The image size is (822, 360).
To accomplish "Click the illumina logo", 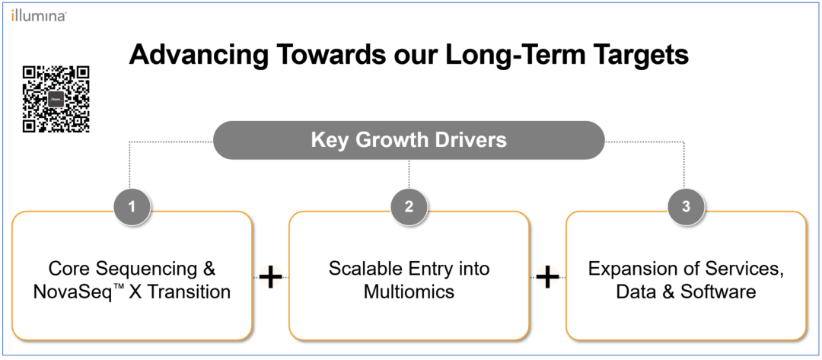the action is (38, 16).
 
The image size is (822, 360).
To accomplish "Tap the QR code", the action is (56, 99).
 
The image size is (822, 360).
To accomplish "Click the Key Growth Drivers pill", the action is (409, 141).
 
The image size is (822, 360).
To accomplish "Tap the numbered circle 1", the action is (132, 206).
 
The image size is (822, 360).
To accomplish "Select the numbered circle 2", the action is (409, 206).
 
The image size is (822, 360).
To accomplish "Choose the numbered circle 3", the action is (687, 206).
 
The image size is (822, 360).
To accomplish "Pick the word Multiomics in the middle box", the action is (409, 292).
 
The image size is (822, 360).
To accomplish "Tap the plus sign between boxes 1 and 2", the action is (270, 277).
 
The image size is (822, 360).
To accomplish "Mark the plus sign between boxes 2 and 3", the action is (547, 277).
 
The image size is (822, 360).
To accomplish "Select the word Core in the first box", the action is (66, 269).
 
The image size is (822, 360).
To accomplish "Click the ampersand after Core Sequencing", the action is (208, 269).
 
